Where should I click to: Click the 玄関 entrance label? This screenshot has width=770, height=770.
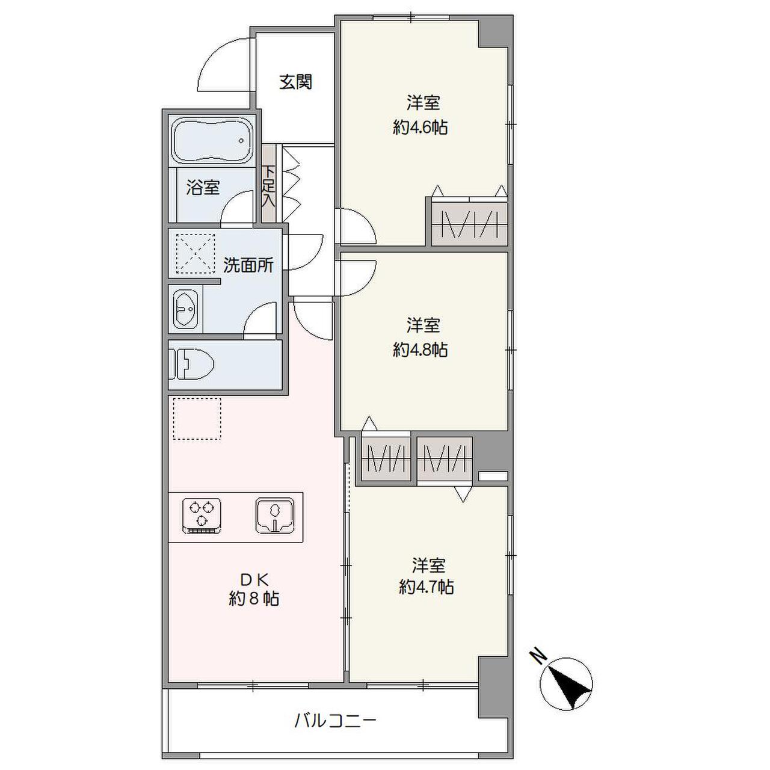pyautogui.click(x=295, y=82)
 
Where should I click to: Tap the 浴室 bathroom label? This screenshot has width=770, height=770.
pyautogui.click(x=203, y=188)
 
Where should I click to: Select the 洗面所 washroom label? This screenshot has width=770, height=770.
pyautogui.click(x=248, y=265)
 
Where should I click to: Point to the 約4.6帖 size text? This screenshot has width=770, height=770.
pyautogui.click(x=420, y=128)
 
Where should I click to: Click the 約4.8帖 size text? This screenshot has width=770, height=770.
pyautogui.click(x=420, y=350)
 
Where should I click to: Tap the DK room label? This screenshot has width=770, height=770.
pyautogui.click(x=253, y=579)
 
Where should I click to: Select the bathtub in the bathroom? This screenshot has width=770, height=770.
pyautogui.click(x=213, y=140)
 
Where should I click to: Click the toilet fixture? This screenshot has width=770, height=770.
pyautogui.click(x=192, y=365)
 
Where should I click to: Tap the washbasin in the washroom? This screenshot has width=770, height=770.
pyautogui.click(x=186, y=309)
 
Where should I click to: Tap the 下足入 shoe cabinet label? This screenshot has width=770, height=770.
pyautogui.click(x=268, y=186)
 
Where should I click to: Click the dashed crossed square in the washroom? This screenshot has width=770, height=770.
pyautogui.click(x=196, y=254)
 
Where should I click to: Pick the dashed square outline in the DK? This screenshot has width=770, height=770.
pyautogui.click(x=197, y=418)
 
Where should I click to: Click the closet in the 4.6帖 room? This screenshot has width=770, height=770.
pyautogui.click(x=470, y=224)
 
